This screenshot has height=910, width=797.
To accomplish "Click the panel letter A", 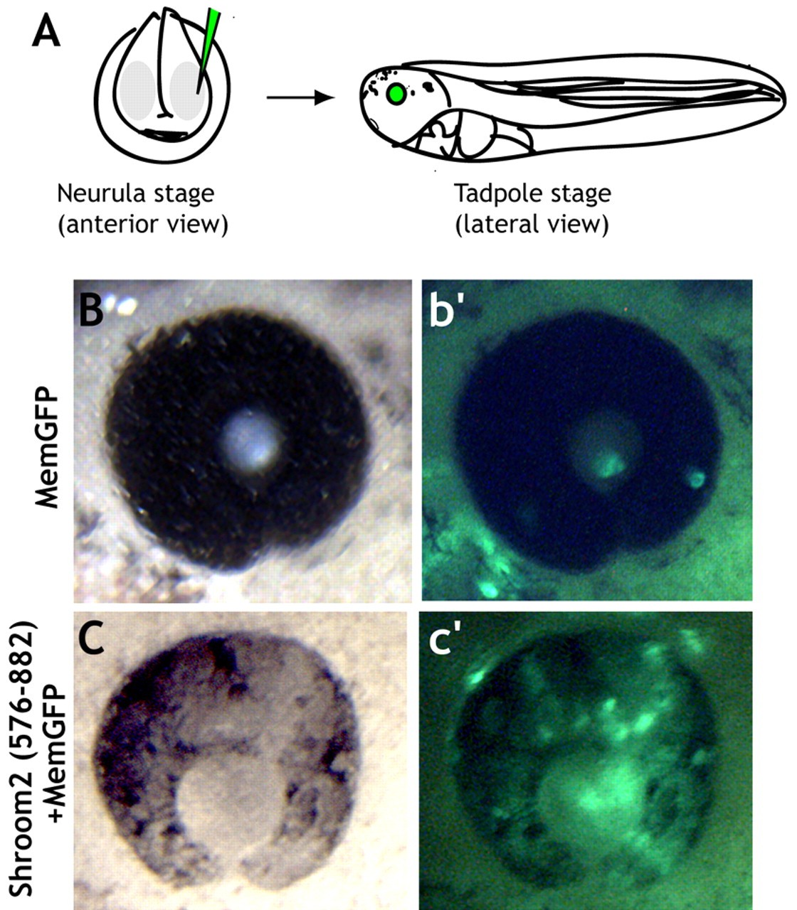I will (x=46, y=33).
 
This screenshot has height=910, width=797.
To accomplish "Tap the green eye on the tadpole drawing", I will (x=397, y=93).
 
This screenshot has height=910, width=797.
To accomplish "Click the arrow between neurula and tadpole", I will (x=300, y=97).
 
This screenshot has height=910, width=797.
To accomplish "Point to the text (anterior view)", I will (x=142, y=225).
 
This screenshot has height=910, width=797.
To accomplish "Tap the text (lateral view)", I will (x=532, y=225).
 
